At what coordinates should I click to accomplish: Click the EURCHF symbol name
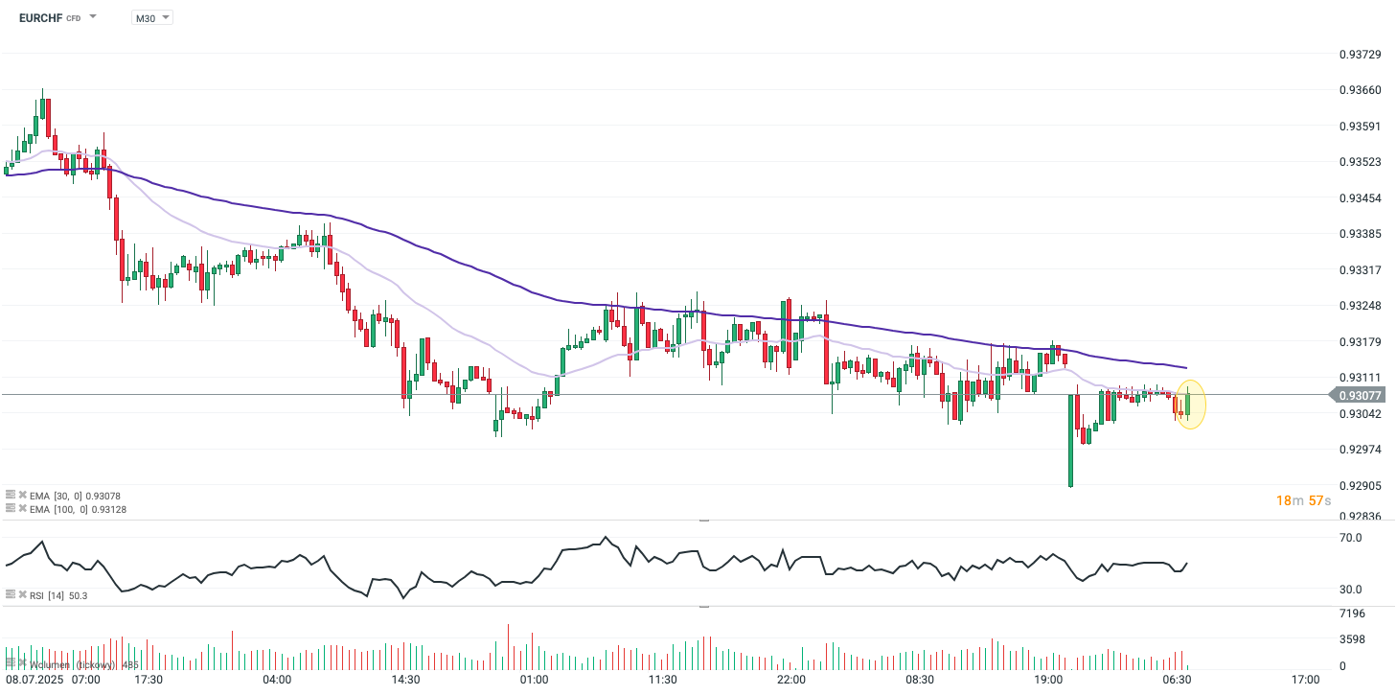coord(40,17)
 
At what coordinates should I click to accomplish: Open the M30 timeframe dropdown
coord(151,17)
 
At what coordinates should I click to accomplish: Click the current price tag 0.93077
coord(1361,395)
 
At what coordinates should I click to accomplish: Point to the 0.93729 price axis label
coord(1360,54)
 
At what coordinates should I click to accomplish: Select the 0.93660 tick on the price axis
coord(1360,90)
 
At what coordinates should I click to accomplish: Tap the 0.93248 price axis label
coord(1360,306)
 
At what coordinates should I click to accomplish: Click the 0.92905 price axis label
coord(1360,486)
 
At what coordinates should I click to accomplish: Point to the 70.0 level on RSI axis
coord(1350,538)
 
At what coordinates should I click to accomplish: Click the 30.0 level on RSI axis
coord(1350,590)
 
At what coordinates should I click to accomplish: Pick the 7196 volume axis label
coord(1352,613)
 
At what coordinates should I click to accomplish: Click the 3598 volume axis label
coord(1352,639)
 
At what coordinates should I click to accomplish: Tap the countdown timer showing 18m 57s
coord(1304,500)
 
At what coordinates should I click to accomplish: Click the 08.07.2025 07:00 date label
coord(53,680)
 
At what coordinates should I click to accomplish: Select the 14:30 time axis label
coord(405,680)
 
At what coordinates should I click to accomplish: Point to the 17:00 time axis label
coord(1305,680)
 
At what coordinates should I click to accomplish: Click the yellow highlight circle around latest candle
coord(1189,405)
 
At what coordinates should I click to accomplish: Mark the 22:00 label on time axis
coord(791,680)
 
